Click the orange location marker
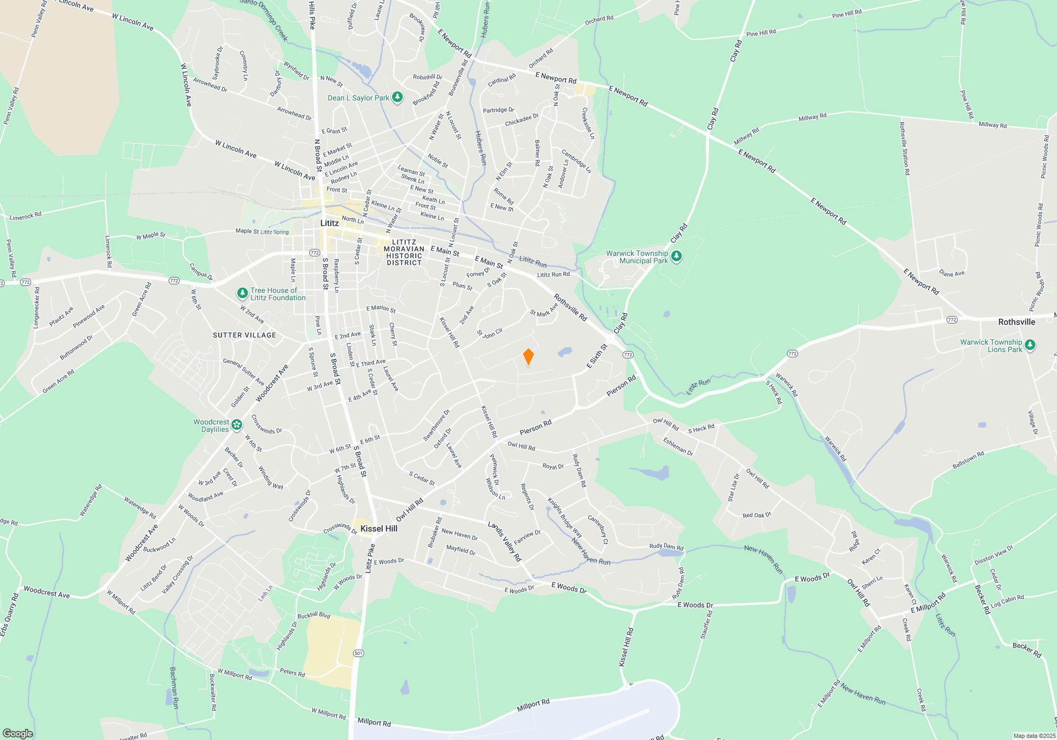528,357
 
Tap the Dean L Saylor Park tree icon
397,97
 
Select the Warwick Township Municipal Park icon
676,257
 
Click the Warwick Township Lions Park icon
1030,346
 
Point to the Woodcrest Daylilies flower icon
236,424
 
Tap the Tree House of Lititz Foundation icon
242,293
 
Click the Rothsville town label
1016,322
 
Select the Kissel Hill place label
378,529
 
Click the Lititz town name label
329,223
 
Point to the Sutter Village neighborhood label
244,335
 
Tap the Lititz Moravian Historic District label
404,252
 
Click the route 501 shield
358,653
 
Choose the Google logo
17,733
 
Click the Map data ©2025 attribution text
1034,736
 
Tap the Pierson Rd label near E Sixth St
621,386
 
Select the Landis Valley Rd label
504,541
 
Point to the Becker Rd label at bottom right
1026,650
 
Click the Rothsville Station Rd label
904,149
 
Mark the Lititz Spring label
275,232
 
